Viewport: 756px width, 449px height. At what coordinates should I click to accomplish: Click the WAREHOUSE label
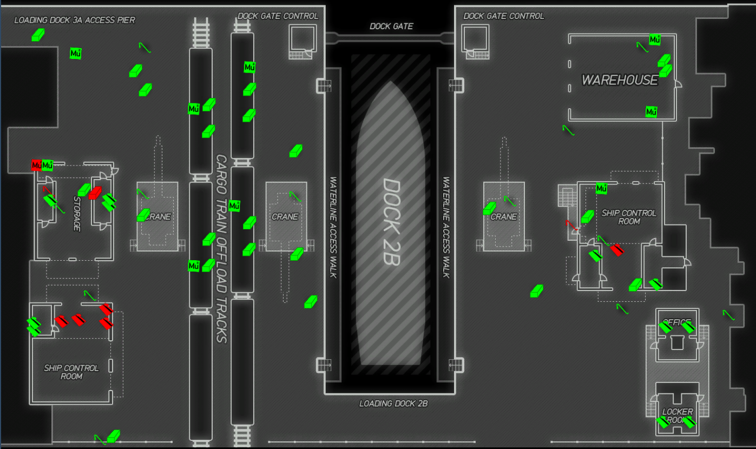[x=620, y=80]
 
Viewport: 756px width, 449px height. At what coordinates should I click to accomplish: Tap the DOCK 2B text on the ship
[x=390, y=222]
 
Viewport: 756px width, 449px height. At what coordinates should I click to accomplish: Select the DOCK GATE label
[x=391, y=27]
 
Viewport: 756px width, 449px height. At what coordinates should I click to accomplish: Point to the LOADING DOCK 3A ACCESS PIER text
[x=75, y=21]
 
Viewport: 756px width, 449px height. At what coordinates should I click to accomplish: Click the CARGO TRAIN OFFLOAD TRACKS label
[x=221, y=249]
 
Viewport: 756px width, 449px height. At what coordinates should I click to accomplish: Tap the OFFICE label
[x=676, y=323]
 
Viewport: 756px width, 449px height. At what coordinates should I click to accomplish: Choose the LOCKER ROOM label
[x=677, y=416]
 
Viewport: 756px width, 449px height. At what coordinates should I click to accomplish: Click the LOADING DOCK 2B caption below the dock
[x=389, y=404]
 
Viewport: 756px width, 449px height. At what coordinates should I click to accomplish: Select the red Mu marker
[x=36, y=165]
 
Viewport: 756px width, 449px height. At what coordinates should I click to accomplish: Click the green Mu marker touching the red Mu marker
[x=48, y=165]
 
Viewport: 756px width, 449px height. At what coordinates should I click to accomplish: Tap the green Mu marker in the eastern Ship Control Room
[x=601, y=188]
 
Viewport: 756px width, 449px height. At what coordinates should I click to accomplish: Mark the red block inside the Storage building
[x=95, y=192]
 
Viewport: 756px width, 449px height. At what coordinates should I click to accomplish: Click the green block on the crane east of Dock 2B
[x=489, y=208]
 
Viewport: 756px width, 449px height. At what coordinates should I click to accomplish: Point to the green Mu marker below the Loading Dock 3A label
[x=76, y=54]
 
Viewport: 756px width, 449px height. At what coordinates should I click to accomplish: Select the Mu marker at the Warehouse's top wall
[x=655, y=40]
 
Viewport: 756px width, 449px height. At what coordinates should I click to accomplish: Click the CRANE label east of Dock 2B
[x=504, y=217]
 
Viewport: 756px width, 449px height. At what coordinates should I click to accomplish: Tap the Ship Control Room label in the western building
[x=71, y=372]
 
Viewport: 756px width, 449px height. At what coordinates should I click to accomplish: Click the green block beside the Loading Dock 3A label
[x=38, y=35]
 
